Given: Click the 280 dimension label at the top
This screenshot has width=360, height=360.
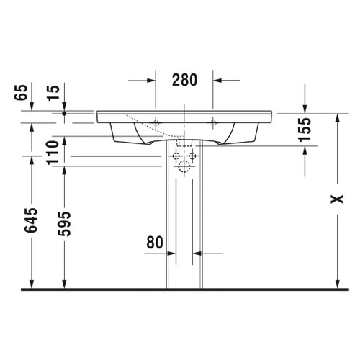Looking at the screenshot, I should [x=184, y=80].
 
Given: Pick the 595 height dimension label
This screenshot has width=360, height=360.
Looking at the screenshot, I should [x=64, y=224].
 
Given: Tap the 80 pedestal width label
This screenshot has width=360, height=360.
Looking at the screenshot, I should [x=155, y=243].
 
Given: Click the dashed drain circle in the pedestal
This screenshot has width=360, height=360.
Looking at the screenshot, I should [x=184, y=168].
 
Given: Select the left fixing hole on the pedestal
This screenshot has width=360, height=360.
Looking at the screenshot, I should [x=174, y=156].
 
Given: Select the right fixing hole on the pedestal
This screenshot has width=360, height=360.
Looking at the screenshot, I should [x=194, y=156].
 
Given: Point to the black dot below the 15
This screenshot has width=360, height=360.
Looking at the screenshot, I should [x=64, y=113].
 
